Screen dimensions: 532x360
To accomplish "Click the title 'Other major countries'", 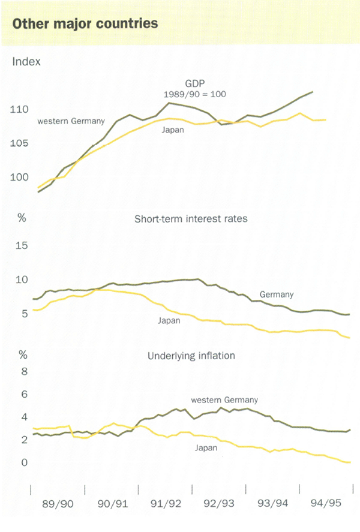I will [85, 24].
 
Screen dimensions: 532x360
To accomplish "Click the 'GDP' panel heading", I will [194, 84].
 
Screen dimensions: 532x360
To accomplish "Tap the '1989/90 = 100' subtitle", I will [194, 94].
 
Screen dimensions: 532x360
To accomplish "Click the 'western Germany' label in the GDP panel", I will [71, 122].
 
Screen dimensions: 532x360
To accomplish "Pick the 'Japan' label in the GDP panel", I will [173, 130].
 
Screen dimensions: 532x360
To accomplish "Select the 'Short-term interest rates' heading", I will [191, 219].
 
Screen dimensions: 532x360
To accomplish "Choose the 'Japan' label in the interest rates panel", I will [169, 321].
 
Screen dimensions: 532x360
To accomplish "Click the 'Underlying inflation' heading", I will [191, 356].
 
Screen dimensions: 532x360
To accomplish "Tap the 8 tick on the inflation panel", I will [25, 372].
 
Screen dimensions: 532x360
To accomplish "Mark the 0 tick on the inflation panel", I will [25, 463].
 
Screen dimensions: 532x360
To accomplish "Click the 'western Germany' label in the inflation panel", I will [224, 400].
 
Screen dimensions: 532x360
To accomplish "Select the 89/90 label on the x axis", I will [58, 503].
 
